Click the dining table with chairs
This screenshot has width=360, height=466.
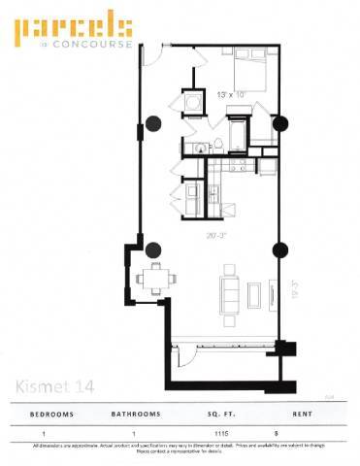(155, 279)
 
